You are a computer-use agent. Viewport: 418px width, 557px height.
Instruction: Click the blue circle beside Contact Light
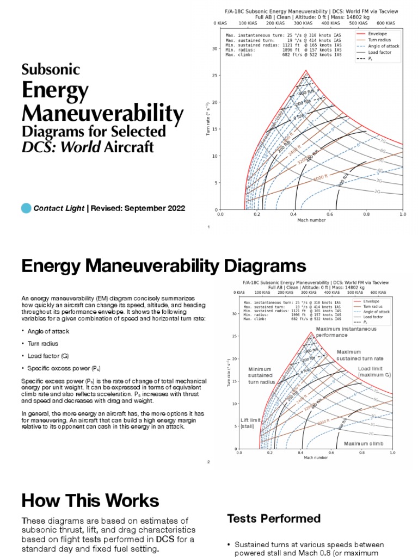(26, 208)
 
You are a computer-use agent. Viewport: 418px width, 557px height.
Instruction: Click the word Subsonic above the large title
(51, 70)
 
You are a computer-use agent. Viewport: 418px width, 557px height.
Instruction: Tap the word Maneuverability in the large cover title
(102, 113)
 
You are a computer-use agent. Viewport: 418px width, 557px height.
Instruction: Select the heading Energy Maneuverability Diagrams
(163, 267)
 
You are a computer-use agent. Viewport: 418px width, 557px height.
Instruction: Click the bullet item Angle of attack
(48, 331)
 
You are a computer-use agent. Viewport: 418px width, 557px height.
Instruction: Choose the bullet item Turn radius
(43, 344)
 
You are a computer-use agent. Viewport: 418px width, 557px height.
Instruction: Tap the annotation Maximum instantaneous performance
(339, 332)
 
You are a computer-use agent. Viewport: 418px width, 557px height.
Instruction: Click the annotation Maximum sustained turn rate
(360, 355)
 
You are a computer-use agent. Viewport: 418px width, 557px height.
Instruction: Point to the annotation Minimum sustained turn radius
(260, 375)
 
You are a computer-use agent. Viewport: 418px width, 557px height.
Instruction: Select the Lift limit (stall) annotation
(251, 423)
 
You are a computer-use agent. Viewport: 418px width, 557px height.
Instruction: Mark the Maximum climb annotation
(364, 444)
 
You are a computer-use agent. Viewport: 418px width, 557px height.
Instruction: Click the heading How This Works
(90, 500)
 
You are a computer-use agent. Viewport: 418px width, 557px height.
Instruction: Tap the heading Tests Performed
(273, 518)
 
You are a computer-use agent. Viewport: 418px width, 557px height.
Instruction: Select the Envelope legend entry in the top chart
(377, 33)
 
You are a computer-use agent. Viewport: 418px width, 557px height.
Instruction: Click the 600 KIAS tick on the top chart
(385, 23)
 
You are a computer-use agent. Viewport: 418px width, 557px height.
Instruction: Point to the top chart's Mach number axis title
(311, 221)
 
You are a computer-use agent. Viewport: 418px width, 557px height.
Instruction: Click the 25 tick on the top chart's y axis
(214, 75)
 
